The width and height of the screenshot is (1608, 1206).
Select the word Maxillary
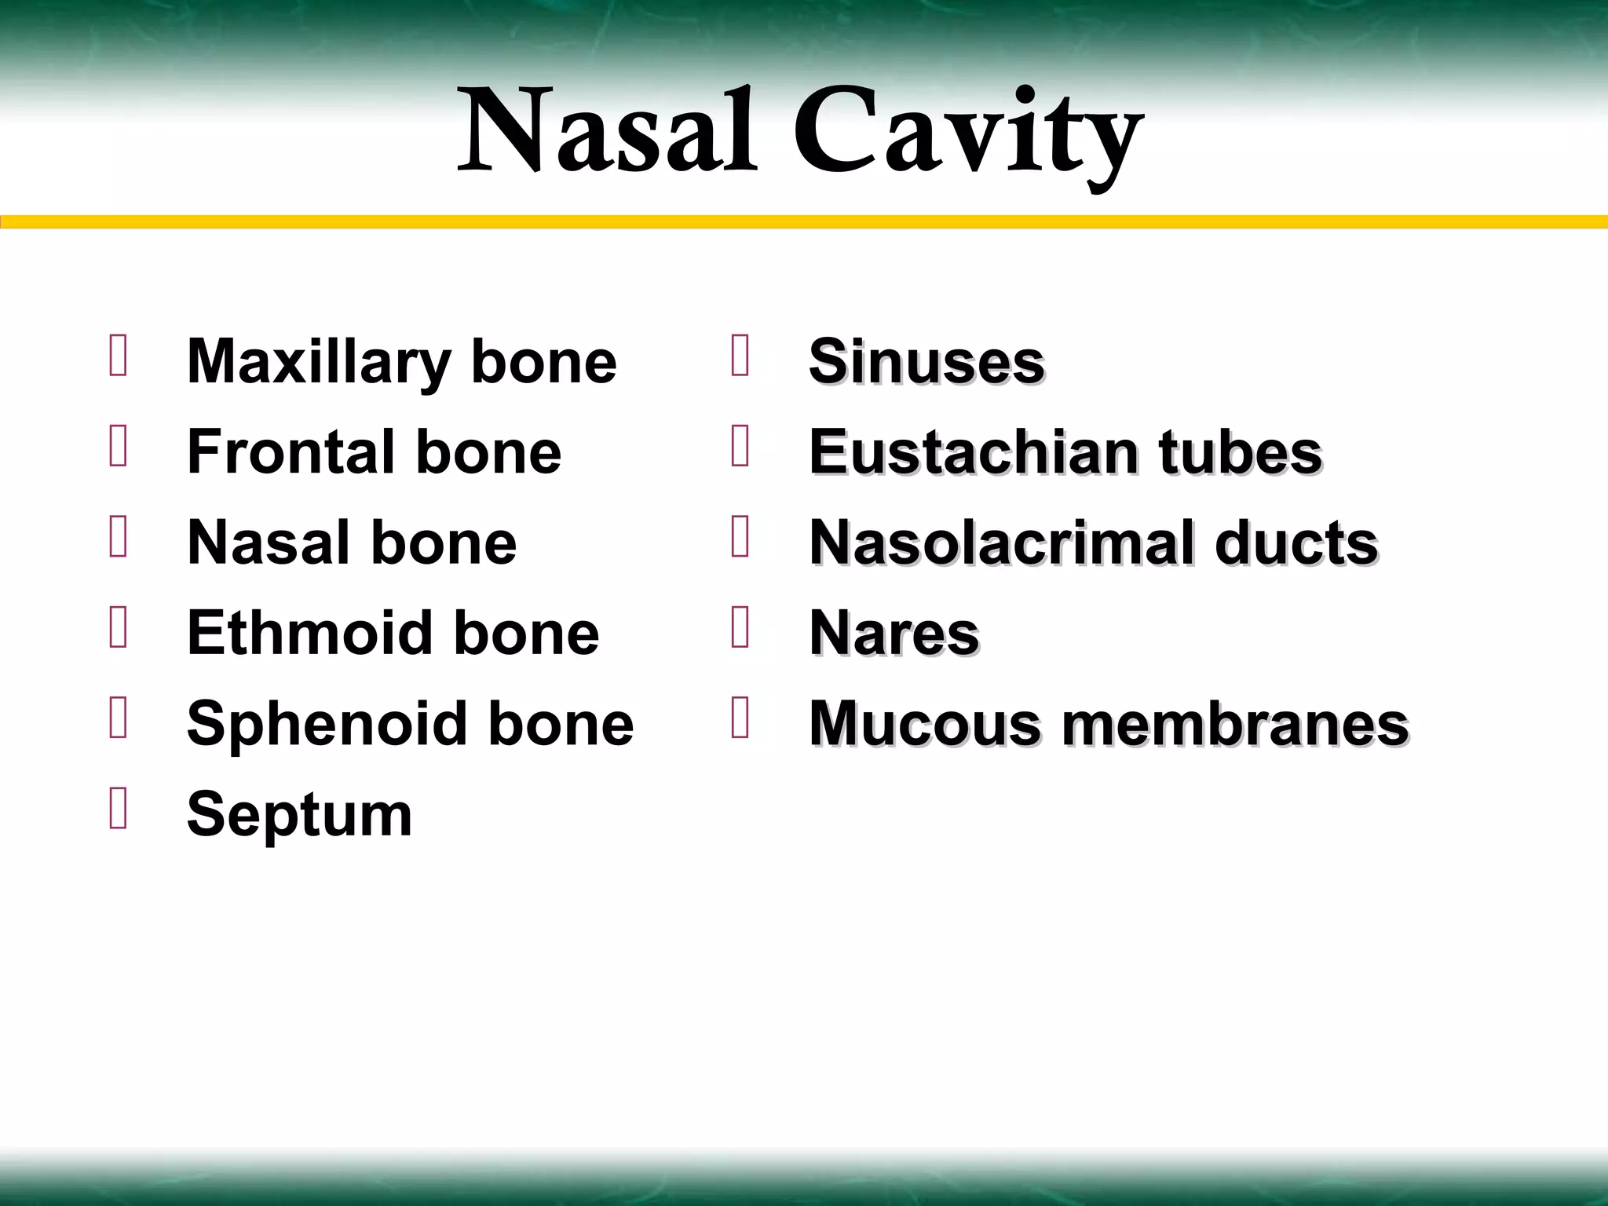319,364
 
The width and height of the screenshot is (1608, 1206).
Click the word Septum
299,814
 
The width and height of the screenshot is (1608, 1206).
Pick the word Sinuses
926,362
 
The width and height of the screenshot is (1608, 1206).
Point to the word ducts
1296,543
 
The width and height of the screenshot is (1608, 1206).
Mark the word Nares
894,633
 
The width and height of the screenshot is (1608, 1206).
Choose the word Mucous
926,723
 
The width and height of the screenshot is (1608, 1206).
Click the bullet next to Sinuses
740,356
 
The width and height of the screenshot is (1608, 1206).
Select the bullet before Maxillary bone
119,356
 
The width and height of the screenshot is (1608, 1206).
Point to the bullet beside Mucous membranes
740,718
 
